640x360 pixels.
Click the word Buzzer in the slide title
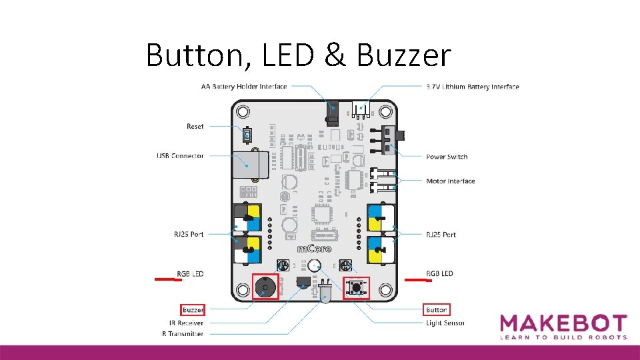(405, 55)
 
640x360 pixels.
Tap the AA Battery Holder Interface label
(244, 87)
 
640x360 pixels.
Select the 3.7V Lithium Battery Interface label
(472, 87)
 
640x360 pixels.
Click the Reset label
(195, 126)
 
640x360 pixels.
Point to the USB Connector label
(180, 156)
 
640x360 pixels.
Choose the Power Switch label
(447, 157)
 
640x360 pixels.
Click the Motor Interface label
(451, 181)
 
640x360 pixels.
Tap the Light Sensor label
(445, 323)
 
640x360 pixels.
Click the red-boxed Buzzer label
(193, 310)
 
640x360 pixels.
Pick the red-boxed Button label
(437, 310)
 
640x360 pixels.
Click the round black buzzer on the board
(265, 288)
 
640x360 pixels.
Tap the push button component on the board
(357, 288)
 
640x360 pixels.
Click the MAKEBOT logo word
(563, 323)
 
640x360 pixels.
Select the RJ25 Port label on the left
(188, 235)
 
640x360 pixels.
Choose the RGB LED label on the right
(439, 273)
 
